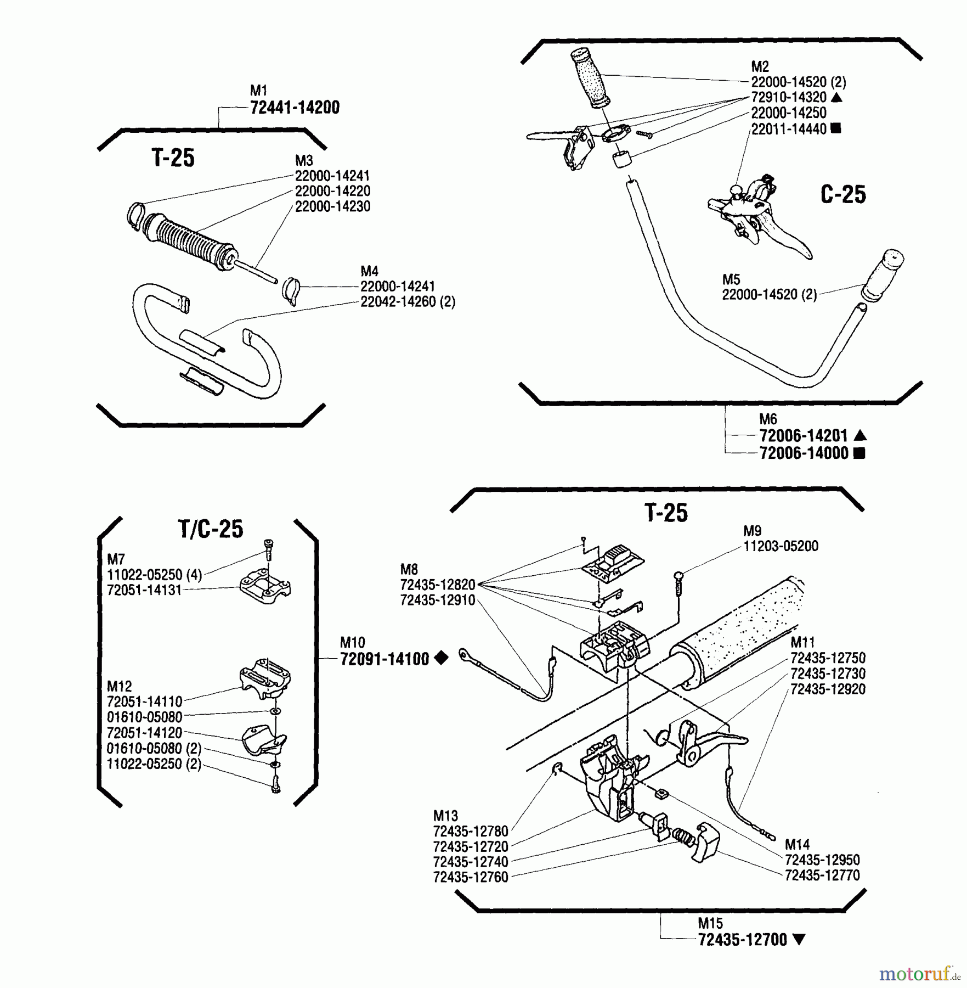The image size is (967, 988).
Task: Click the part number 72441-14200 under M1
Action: (x=295, y=108)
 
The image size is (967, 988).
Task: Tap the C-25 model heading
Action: (x=842, y=195)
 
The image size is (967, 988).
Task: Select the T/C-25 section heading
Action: (x=211, y=529)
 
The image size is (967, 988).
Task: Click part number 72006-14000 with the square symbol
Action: (x=804, y=453)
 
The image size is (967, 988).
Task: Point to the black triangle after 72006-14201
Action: (x=860, y=436)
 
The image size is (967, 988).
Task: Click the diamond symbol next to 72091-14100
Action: (x=441, y=658)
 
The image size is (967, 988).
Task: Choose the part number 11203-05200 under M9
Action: (x=781, y=546)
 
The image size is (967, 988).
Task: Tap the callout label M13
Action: (x=445, y=816)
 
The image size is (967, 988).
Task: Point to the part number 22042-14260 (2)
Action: (x=408, y=302)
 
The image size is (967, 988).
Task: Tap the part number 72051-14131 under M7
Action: (x=144, y=591)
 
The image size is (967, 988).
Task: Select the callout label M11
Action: (x=802, y=642)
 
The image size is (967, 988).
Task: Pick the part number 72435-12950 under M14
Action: (x=822, y=860)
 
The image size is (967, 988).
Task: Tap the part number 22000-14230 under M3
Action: (x=332, y=207)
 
